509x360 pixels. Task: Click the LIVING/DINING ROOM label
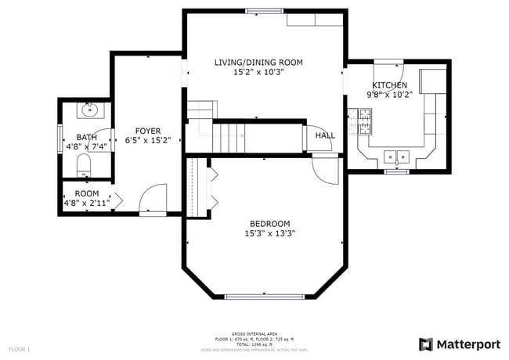click(x=258, y=63)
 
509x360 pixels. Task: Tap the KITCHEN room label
click(x=389, y=85)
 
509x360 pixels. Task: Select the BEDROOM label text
click(x=270, y=223)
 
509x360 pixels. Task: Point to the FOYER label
click(x=148, y=131)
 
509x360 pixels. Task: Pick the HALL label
click(x=325, y=135)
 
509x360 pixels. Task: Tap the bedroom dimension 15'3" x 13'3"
click(x=270, y=232)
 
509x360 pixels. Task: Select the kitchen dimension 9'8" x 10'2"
click(x=389, y=94)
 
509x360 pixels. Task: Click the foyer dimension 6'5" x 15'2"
click(x=148, y=141)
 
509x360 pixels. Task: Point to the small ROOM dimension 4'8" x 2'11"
click(x=87, y=203)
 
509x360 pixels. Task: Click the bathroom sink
click(x=88, y=110)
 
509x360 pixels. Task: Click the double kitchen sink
click(x=396, y=155)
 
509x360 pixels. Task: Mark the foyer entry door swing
click(x=154, y=197)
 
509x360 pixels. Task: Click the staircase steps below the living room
click(x=234, y=138)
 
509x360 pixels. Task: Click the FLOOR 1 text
click(x=20, y=348)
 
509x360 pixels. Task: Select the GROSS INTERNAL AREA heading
click(x=254, y=333)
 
